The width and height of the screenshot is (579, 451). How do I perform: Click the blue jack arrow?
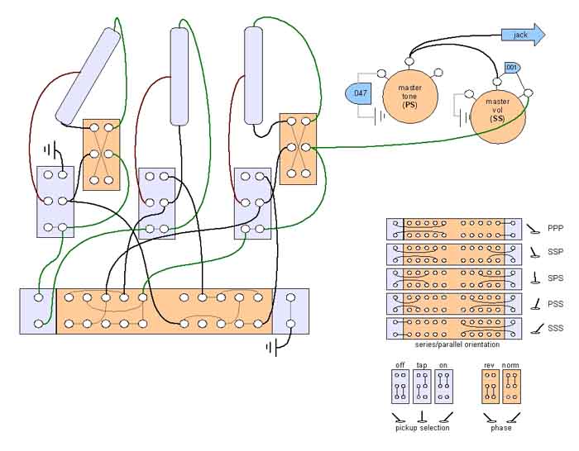(x=523, y=35)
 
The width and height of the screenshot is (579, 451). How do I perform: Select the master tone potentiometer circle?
(x=410, y=97)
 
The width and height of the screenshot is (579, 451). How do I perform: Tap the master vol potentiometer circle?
(x=497, y=115)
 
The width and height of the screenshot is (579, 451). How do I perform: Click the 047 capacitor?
(x=358, y=93)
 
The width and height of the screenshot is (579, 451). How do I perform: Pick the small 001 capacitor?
(x=513, y=68)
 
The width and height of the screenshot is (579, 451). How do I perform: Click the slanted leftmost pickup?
(x=88, y=75)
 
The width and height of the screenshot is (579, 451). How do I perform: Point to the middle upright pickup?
(x=179, y=77)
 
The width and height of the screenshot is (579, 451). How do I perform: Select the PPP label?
(x=555, y=228)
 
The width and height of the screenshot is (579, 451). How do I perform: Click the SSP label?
(x=555, y=252)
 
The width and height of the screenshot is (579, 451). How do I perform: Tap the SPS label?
(x=555, y=278)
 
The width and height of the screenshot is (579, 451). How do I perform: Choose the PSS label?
(x=555, y=304)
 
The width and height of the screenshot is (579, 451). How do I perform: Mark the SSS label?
(x=555, y=328)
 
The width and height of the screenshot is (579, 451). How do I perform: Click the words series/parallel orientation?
(x=457, y=344)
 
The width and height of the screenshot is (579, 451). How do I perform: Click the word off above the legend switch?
(x=400, y=365)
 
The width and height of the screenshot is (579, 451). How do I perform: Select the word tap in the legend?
(x=422, y=365)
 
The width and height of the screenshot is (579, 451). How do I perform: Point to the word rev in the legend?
(x=490, y=365)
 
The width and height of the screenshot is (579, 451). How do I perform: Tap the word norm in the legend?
(x=510, y=365)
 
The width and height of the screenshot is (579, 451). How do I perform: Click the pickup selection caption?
(x=423, y=428)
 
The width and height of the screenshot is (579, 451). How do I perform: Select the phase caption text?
(x=501, y=428)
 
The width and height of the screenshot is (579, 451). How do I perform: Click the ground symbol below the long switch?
(x=272, y=348)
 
